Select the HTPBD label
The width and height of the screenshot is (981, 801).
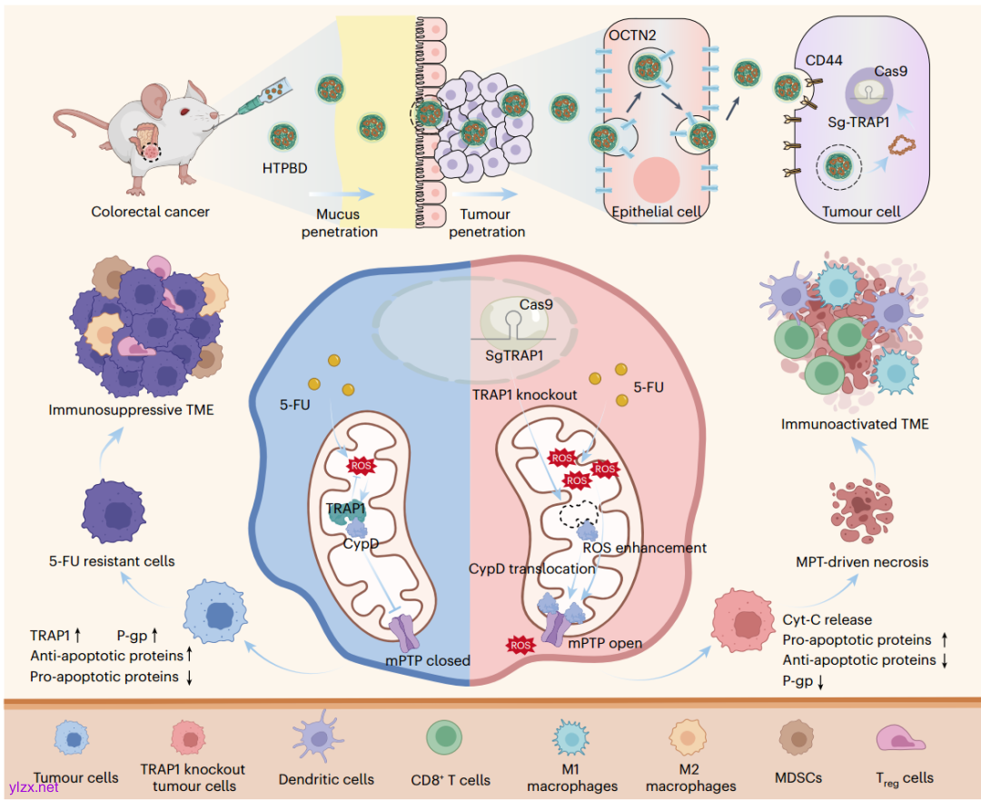click(x=285, y=167)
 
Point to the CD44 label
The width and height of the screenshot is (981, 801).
click(x=825, y=61)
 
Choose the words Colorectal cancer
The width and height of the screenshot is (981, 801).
click(x=150, y=212)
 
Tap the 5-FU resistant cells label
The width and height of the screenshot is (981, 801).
click(x=112, y=561)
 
